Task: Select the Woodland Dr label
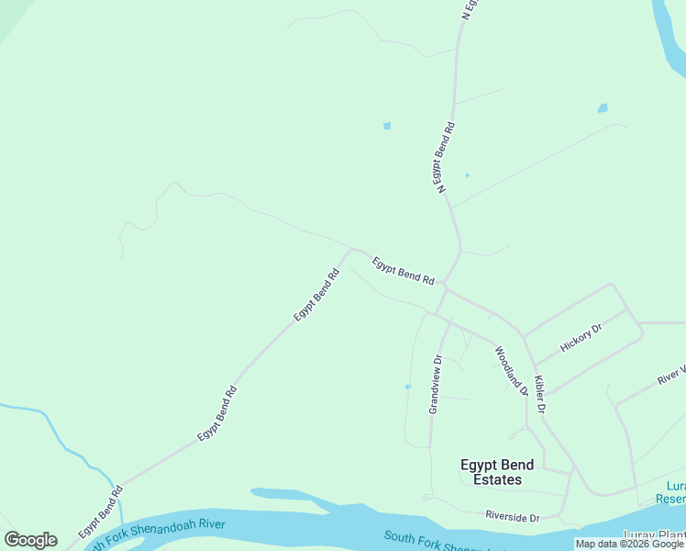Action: tap(512, 370)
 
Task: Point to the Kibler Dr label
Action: tap(539, 394)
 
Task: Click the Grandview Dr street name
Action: tap(437, 384)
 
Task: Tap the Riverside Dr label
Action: tap(513, 517)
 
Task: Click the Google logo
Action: tap(30, 540)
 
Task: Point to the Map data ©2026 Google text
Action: tap(629, 545)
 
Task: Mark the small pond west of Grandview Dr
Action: tap(408, 387)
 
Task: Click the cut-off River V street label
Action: tap(670, 375)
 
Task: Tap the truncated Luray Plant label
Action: tap(654, 536)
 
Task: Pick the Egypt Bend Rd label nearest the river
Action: tap(100, 512)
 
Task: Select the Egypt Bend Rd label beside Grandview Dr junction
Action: tap(403, 271)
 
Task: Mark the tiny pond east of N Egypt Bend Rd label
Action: tap(467, 175)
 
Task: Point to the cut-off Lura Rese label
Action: tap(670, 492)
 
